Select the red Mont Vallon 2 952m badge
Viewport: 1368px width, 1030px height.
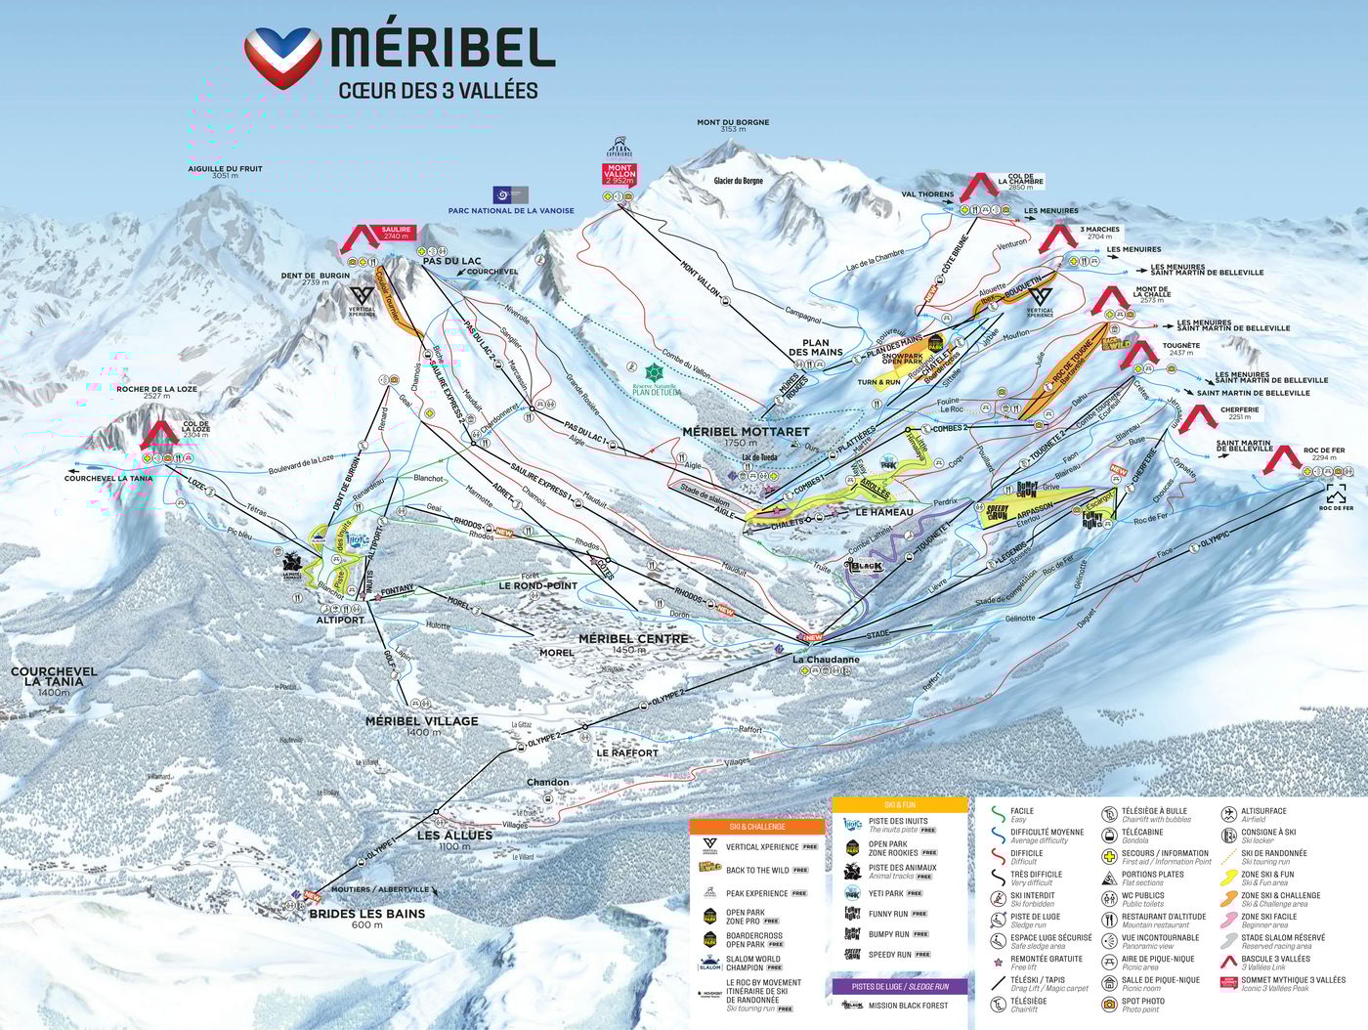[620, 174]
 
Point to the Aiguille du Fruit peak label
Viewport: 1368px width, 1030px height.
[225, 172]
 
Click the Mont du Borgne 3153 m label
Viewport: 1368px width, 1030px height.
[733, 126]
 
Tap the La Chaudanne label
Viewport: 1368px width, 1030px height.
[826, 660]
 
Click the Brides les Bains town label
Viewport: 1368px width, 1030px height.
[366, 914]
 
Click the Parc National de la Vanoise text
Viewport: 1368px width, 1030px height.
[511, 210]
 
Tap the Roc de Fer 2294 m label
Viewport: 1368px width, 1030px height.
[1324, 453]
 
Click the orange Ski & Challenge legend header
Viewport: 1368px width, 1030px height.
[756, 827]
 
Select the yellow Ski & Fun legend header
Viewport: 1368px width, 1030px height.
[899, 804]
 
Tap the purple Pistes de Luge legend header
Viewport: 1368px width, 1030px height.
[899, 986]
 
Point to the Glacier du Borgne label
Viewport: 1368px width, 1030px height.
[738, 181]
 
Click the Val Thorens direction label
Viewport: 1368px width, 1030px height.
[927, 194]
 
